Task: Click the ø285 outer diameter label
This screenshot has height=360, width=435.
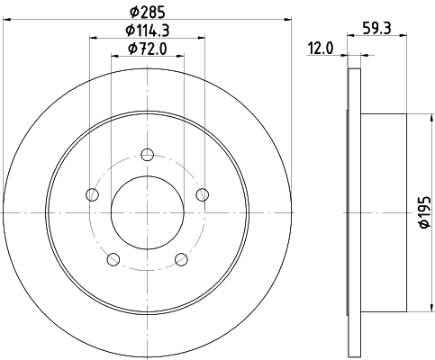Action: coord(147,12)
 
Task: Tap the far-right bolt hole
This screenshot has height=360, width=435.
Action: coord(202,193)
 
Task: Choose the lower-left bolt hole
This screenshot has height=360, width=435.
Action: coord(113,259)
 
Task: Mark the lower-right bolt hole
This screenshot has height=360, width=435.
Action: coord(181,259)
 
